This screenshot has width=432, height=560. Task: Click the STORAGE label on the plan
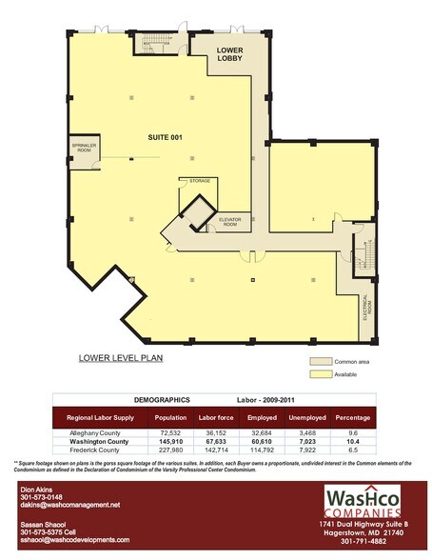pos(199,180)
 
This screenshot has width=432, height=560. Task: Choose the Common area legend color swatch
pos(321,363)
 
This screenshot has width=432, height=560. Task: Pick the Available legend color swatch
pos(321,374)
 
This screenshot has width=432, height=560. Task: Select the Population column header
pos(169,418)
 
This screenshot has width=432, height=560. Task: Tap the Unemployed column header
pos(311,418)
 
